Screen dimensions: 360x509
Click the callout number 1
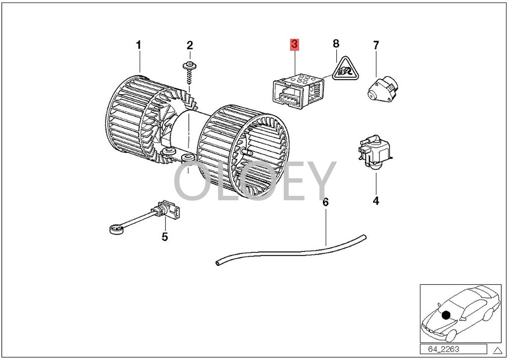[138, 45]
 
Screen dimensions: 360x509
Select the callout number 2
[189, 45]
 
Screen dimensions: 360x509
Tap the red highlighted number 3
[294, 45]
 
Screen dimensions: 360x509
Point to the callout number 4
[376, 201]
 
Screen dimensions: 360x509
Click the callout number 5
[165, 236]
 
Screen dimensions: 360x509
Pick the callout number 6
[326, 202]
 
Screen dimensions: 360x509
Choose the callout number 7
[376, 45]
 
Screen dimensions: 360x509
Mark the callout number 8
[336, 44]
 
